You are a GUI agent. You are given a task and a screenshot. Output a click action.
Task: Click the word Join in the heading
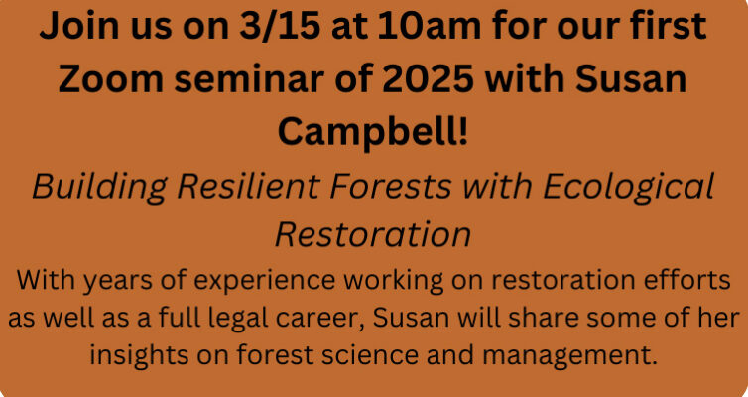tap(78, 26)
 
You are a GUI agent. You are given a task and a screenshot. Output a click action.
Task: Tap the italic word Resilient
tap(248, 186)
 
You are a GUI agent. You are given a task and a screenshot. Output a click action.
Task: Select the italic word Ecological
tap(628, 186)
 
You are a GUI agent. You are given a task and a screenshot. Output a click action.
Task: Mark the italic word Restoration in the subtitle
tap(373, 234)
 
